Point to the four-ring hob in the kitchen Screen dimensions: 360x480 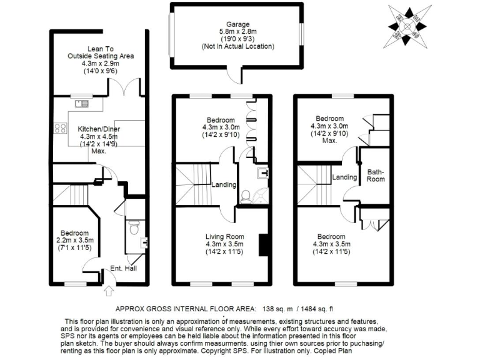click(x=61, y=128)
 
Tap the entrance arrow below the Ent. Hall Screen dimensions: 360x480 click(x=109, y=290)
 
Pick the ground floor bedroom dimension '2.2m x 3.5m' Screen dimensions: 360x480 click(x=74, y=239)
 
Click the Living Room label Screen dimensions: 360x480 click(x=224, y=236)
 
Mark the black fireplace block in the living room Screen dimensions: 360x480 click(x=264, y=244)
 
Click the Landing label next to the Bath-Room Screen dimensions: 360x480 click(x=344, y=177)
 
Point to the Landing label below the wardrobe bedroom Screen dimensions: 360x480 click(x=223, y=184)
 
